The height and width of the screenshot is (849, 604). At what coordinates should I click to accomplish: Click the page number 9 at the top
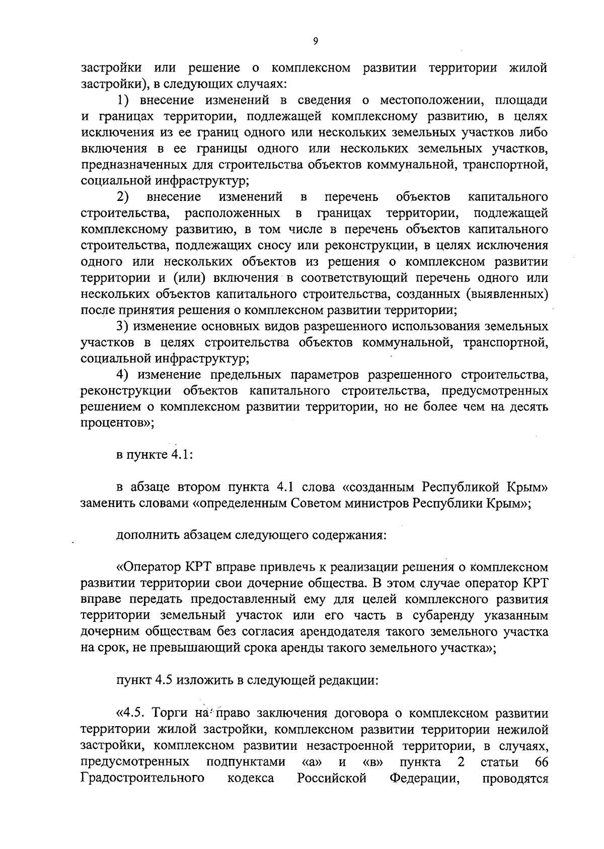(315, 42)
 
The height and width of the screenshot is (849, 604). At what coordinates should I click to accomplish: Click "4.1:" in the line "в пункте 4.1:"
(181, 455)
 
